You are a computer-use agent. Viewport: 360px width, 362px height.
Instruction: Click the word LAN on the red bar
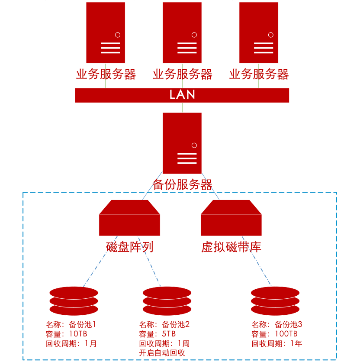tap(182, 95)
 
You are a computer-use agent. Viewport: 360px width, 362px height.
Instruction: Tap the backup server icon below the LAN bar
tap(182, 143)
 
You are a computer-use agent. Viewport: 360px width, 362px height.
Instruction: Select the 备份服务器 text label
tap(182, 185)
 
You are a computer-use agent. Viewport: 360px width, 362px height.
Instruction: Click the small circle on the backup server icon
tap(194, 145)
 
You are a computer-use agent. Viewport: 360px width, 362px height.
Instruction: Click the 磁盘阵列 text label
tap(129, 247)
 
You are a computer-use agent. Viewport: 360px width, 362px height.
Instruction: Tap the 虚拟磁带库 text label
tap(231, 247)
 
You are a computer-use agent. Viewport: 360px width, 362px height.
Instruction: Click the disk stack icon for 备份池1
tap(74, 301)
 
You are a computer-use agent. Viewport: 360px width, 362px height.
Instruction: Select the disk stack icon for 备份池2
tap(167, 301)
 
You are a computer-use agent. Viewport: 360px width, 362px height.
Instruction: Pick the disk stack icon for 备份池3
tap(276, 301)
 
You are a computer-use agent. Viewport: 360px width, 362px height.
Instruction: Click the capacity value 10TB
tap(78, 334)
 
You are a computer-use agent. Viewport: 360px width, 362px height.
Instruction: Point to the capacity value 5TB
tap(169, 334)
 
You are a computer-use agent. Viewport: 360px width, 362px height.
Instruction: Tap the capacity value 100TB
tap(286, 334)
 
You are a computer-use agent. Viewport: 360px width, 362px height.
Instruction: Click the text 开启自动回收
tap(162, 353)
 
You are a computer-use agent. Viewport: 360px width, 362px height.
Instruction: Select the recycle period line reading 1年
tap(277, 344)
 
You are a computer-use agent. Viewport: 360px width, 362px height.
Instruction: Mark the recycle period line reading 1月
tap(71, 344)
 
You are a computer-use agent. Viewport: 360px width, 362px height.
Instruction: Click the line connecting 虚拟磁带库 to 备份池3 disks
tap(260, 268)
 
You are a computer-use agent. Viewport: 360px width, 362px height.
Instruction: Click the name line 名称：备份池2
tap(164, 324)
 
